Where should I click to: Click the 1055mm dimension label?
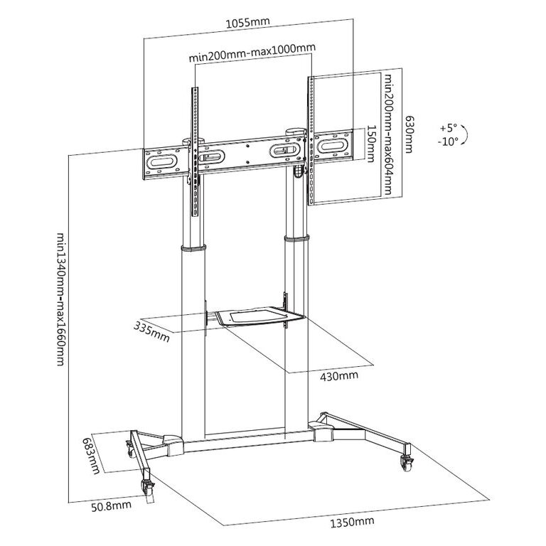[248, 22]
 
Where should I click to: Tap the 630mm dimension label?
[409, 134]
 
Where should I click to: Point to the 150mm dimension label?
[371, 144]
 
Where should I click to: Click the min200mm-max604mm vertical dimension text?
[387, 134]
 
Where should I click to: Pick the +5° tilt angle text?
[448, 128]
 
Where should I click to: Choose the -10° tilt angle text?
[448, 141]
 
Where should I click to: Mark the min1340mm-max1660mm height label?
[60, 299]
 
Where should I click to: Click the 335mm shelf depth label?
[151, 332]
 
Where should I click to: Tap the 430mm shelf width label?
[339, 375]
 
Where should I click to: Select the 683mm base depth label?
[91, 456]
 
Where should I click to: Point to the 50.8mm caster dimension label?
[112, 505]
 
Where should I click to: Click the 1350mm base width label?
[353, 523]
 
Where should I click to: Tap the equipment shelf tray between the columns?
[260, 316]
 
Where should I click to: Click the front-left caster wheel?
[146, 486]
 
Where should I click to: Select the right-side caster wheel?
[407, 463]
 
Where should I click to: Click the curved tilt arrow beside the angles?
[464, 134]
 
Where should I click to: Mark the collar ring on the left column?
[193, 248]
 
